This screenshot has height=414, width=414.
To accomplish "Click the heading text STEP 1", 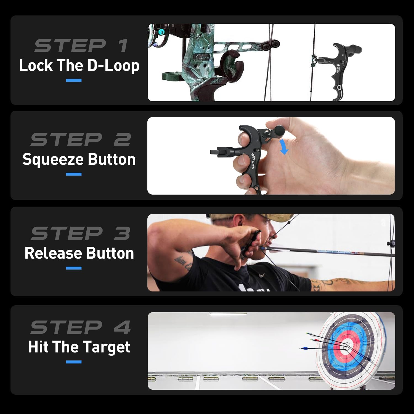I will pyautogui.click(x=81, y=46).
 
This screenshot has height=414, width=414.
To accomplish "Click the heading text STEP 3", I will pyautogui.click(x=81, y=233).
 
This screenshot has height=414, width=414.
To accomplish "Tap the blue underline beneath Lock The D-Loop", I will pyautogui.click(x=74, y=81).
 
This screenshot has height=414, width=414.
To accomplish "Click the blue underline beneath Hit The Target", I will pyautogui.click(x=74, y=362).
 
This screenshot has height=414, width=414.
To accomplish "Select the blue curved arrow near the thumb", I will pyautogui.click(x=283, y=147).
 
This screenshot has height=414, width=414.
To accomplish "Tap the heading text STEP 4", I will pyautogui.click(x=81, y=327).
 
